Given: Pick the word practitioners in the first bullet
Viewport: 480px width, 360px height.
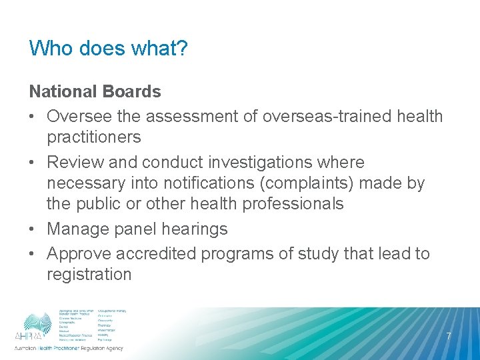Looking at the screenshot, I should click(93, 137).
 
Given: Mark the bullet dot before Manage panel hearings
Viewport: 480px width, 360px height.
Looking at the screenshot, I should click(33, 229).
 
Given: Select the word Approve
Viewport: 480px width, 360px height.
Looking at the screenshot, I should click(79, 254).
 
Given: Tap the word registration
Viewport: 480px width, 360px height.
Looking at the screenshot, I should click(89, 275).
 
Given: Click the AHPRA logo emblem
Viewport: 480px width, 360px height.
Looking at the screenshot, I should click(37, 324).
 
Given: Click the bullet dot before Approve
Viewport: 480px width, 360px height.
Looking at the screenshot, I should click(33, 254).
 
